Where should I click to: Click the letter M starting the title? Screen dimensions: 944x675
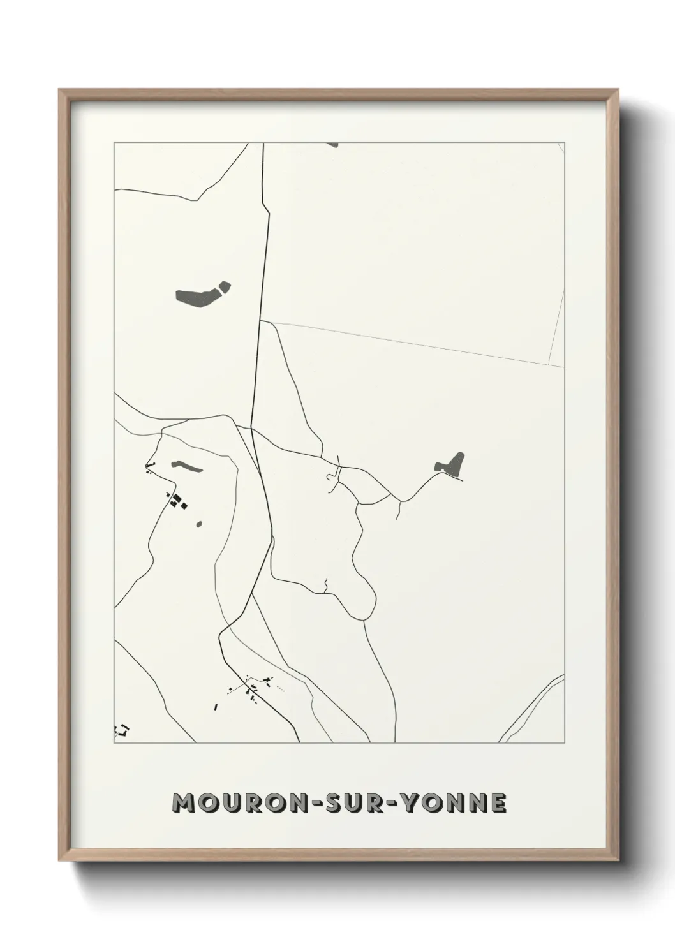click(x=184, y=803)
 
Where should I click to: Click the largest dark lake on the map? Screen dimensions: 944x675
click(x=197, y=298)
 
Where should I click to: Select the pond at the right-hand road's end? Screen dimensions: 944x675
click(x=451, y=464)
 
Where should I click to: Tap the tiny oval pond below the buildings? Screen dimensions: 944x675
click(x=200, y=525)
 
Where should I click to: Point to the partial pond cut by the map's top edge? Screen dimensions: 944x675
click(x=332, y=145)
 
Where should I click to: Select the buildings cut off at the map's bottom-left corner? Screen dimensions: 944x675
click(x=121, y=728)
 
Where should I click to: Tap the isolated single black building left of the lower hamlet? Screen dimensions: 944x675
click(x=216, y=706)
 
